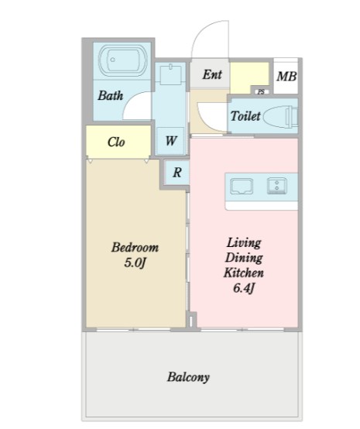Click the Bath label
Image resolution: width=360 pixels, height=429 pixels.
click(x=111, y=95)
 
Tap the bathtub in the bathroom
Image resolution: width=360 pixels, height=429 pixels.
click(x=123, y=61)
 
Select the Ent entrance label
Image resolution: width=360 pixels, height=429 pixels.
click(x=212, y=74)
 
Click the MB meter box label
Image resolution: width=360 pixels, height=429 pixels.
click(x=286, y=77)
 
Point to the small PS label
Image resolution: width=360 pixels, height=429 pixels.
click(x=261, y=92)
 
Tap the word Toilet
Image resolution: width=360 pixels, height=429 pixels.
click(x=245, y=115)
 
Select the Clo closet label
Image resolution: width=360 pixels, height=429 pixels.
click(x=116, y=142)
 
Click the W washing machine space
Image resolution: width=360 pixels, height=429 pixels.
click(x=170, y=141)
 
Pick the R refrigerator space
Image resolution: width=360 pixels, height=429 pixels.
click(x=177, y=173)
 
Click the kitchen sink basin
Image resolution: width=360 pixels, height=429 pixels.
click(x=242, y=186)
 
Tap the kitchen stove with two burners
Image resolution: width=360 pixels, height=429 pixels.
click(x=277, y=186)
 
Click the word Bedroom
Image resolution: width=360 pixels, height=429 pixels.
click(x=135, y=247)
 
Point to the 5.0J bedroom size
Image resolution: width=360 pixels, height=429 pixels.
click(x=134, y=263)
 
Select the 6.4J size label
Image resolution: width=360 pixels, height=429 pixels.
click(x=244, y=288)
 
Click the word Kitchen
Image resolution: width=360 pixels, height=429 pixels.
click(x=244, y=273)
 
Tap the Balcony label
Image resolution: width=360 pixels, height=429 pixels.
click(x=188, y=377)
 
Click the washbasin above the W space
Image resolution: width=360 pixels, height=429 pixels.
click(x=170, y=74)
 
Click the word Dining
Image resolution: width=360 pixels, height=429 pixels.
click(x=244, y=258)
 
